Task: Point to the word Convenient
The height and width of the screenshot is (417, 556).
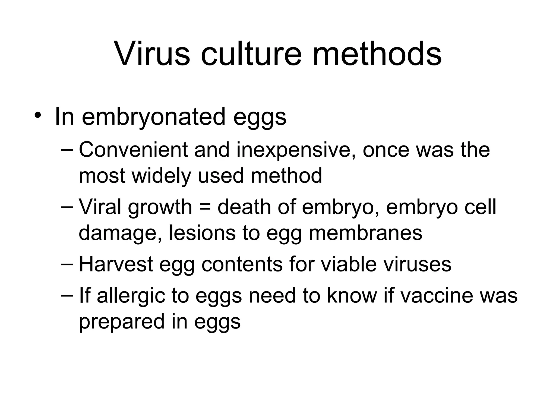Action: point(133,150)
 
